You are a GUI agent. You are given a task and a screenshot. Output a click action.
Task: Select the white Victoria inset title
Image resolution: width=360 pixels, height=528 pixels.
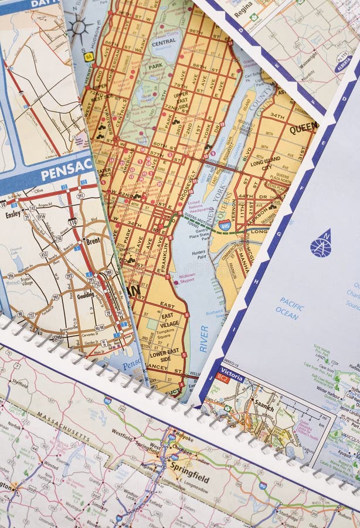coord(233,371)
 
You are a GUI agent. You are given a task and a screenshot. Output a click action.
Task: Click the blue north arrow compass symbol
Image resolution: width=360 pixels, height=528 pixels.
coord(321,244)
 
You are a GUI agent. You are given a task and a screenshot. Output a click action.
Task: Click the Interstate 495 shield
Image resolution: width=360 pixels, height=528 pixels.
coord(225,224)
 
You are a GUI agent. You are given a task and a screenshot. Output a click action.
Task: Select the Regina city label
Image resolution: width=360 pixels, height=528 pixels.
coord(243,11)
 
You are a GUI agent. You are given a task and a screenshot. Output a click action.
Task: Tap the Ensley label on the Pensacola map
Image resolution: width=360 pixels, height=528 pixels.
coord(13,214)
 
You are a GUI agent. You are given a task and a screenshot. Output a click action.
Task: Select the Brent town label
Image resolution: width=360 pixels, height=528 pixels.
coord(93,241)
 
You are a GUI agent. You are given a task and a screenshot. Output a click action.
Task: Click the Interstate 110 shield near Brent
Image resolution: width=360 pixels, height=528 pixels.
coord(72,222)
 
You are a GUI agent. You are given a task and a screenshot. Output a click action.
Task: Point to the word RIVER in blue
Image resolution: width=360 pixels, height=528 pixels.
coord(203,339)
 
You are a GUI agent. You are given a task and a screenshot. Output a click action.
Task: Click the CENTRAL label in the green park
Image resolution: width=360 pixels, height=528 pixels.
coord(164,42)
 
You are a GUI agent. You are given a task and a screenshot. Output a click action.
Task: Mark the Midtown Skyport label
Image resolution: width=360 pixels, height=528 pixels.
coord(186,278)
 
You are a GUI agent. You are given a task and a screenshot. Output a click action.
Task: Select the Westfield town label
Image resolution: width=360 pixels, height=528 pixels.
coord(123,435)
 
